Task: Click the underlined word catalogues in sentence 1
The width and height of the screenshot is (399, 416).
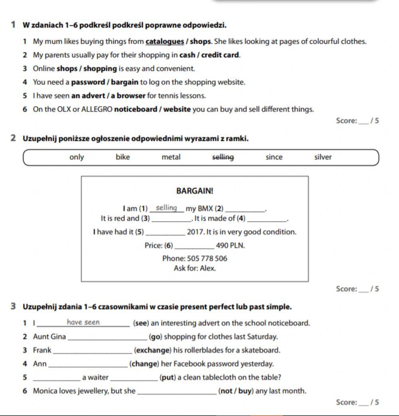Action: coord(165,42)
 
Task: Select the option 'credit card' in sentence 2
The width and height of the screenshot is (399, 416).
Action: coord(223,55)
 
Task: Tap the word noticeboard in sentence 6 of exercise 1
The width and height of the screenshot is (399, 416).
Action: coord(135,109)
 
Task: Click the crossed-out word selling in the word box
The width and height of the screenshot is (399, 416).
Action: coord(223,157)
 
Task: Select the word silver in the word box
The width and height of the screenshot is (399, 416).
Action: coord(323,157)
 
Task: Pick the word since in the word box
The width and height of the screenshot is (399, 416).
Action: coord(274,157)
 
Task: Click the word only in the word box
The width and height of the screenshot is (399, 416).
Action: coord(77,157)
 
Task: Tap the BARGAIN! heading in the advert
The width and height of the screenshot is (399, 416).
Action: coord(195,191)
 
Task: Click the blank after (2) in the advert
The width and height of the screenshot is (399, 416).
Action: coord(245,209)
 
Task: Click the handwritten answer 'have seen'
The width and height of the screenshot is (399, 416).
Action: coord(83,323)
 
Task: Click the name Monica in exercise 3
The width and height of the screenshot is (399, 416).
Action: coord(45,391)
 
